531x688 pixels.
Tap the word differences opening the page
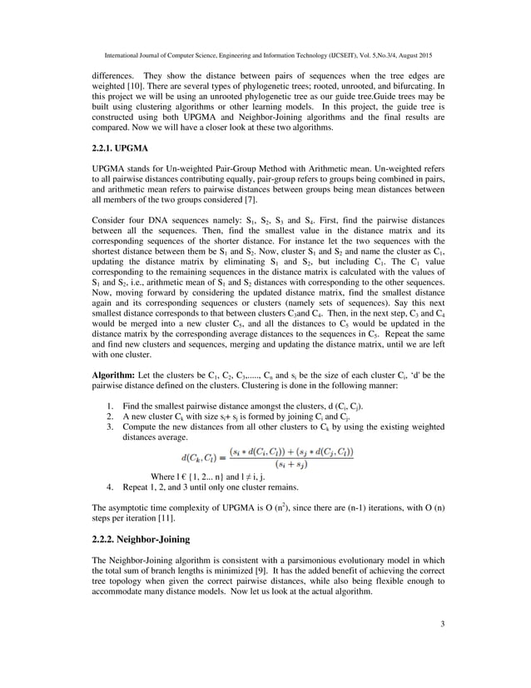(116, 74)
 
